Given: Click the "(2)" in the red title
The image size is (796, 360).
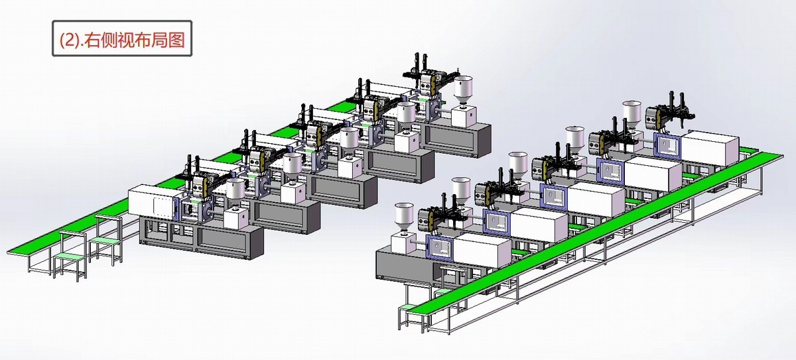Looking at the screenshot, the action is point(70,40).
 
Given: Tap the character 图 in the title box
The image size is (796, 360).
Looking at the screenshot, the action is point(176,40).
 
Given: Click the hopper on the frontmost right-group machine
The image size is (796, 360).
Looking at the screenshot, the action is point(404,217).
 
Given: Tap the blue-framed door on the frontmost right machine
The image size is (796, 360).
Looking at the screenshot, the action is point(440,247).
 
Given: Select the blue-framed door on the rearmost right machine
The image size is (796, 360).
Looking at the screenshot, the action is point(667,145).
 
